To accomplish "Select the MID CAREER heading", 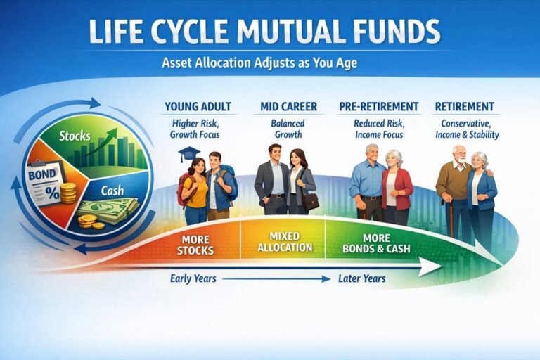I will pos(289,107).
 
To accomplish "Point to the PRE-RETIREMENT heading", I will pos(378,107).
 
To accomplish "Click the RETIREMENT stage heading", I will pos(464,107).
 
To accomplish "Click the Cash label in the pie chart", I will pos(112,190).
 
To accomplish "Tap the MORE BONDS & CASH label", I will pos(377,243).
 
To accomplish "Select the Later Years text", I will pos(361,278).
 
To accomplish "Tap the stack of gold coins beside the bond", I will pos(68,193).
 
